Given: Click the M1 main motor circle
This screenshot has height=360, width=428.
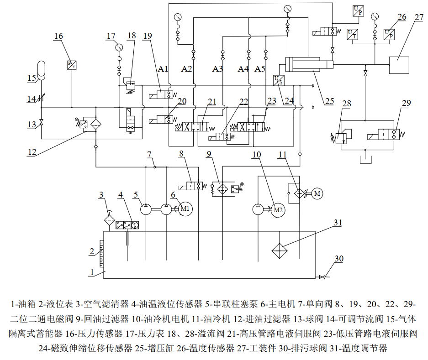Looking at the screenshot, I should pos(185,209).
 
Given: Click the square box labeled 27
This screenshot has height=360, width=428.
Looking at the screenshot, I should pos(398,64).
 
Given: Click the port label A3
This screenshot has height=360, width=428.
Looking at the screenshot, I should pos(217,69).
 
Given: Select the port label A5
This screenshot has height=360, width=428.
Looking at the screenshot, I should pos(259,69).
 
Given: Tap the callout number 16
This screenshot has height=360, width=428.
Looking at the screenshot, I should pos(58,36).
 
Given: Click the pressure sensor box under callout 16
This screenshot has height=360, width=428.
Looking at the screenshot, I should pos(72,65).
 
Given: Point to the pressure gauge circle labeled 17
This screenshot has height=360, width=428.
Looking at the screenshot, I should pos(119,47).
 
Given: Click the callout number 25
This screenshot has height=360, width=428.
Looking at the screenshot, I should pos(329,101).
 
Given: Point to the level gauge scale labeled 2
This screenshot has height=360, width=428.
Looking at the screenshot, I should pos(101,252).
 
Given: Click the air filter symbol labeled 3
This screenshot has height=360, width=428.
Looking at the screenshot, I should pos(109,219).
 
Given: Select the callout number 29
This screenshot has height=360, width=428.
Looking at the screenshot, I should pos(407,103).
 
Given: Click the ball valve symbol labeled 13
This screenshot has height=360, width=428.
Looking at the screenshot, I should pos(41,124).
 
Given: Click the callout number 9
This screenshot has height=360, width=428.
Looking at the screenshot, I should pos(209,154).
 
